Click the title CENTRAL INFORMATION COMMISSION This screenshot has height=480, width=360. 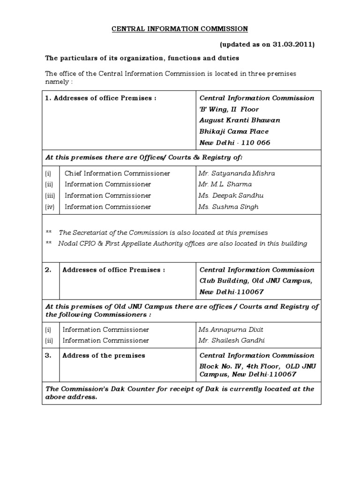coord(180,29)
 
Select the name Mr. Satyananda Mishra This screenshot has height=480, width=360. coord(237,173)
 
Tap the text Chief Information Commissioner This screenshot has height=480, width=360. coord(117,173)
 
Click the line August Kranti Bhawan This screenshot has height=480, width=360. coord(240,120)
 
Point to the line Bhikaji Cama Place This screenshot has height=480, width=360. coord(234,132)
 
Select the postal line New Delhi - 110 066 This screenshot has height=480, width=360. coord(235,143)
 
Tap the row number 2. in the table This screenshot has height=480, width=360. coord(48,270)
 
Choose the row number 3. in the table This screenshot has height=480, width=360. coord(48,355)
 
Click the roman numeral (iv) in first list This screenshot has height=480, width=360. coord(49,207)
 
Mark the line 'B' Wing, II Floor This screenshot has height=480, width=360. coord(229,109)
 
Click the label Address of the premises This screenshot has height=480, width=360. coord(104,355)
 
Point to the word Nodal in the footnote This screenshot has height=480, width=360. coord(67,244)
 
